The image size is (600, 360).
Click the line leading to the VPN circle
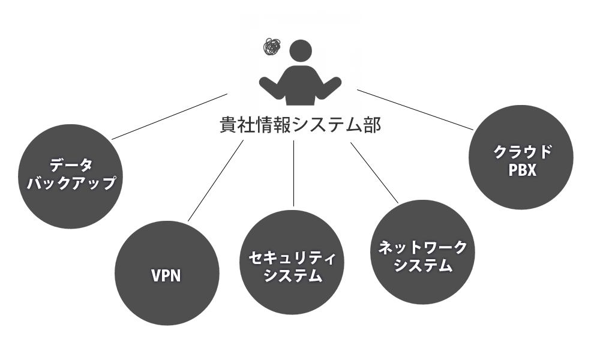(x=216, y=180)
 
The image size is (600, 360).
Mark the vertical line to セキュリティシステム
(x=294, y=174)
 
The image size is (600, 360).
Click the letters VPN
(x=166, y=275)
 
